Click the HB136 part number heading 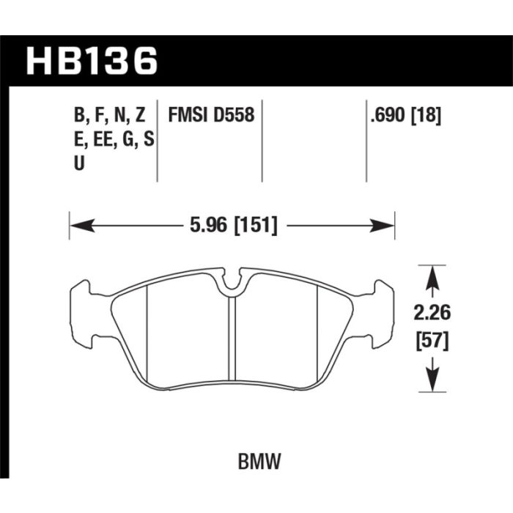(92, 61)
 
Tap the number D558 (234, 115)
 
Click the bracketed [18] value (426, 116)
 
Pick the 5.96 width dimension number (208, 225)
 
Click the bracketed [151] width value (256, 226)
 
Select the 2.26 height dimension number (432, 313)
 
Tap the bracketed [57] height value (432, 342)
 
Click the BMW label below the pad (259, 461)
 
